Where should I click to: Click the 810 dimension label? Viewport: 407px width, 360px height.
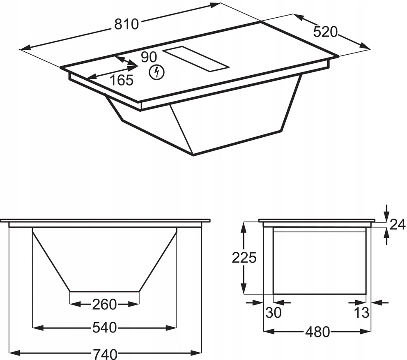pos(126,24)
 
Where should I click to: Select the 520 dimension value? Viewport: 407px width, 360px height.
pos(325,32)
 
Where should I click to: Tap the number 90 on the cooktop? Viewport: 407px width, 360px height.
pos(149,57)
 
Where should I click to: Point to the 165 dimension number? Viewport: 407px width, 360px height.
pos(122,80)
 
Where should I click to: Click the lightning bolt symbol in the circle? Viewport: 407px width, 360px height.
pos(156,72)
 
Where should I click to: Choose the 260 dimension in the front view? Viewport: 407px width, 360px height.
pos(104,304)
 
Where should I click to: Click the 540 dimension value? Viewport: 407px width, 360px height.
pos(105,328)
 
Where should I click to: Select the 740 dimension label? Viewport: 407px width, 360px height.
pos(105,354)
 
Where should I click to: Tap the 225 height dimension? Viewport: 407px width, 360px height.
pos(244,258)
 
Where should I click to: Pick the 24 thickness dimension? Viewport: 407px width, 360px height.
pos(398,224)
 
